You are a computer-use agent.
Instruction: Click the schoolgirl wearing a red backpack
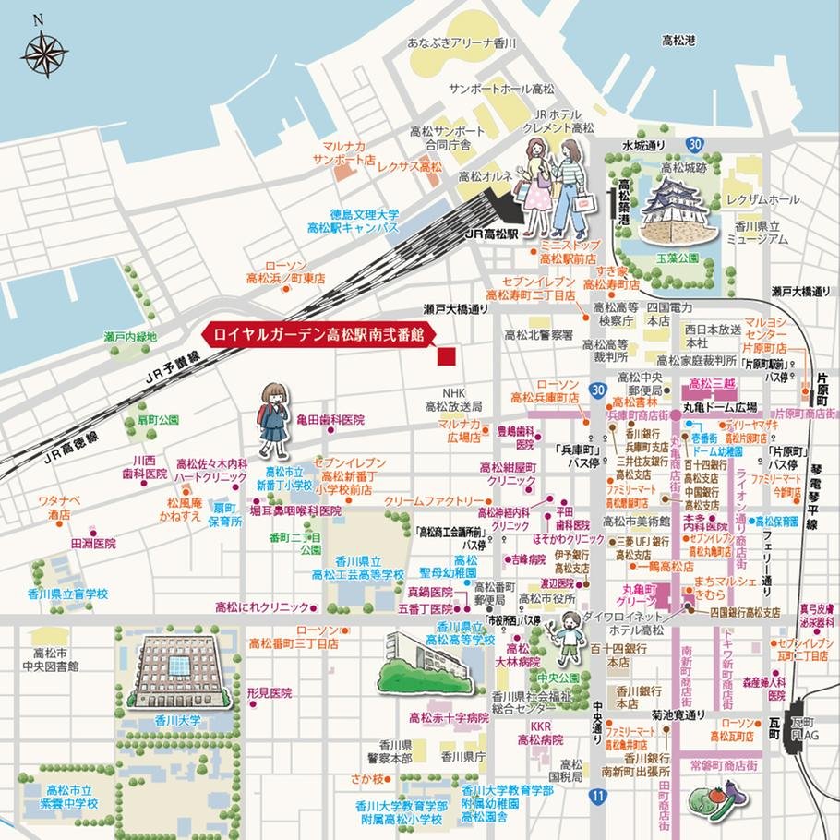273,422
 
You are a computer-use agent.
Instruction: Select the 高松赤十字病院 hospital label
449,717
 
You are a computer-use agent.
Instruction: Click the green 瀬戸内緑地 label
130,338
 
